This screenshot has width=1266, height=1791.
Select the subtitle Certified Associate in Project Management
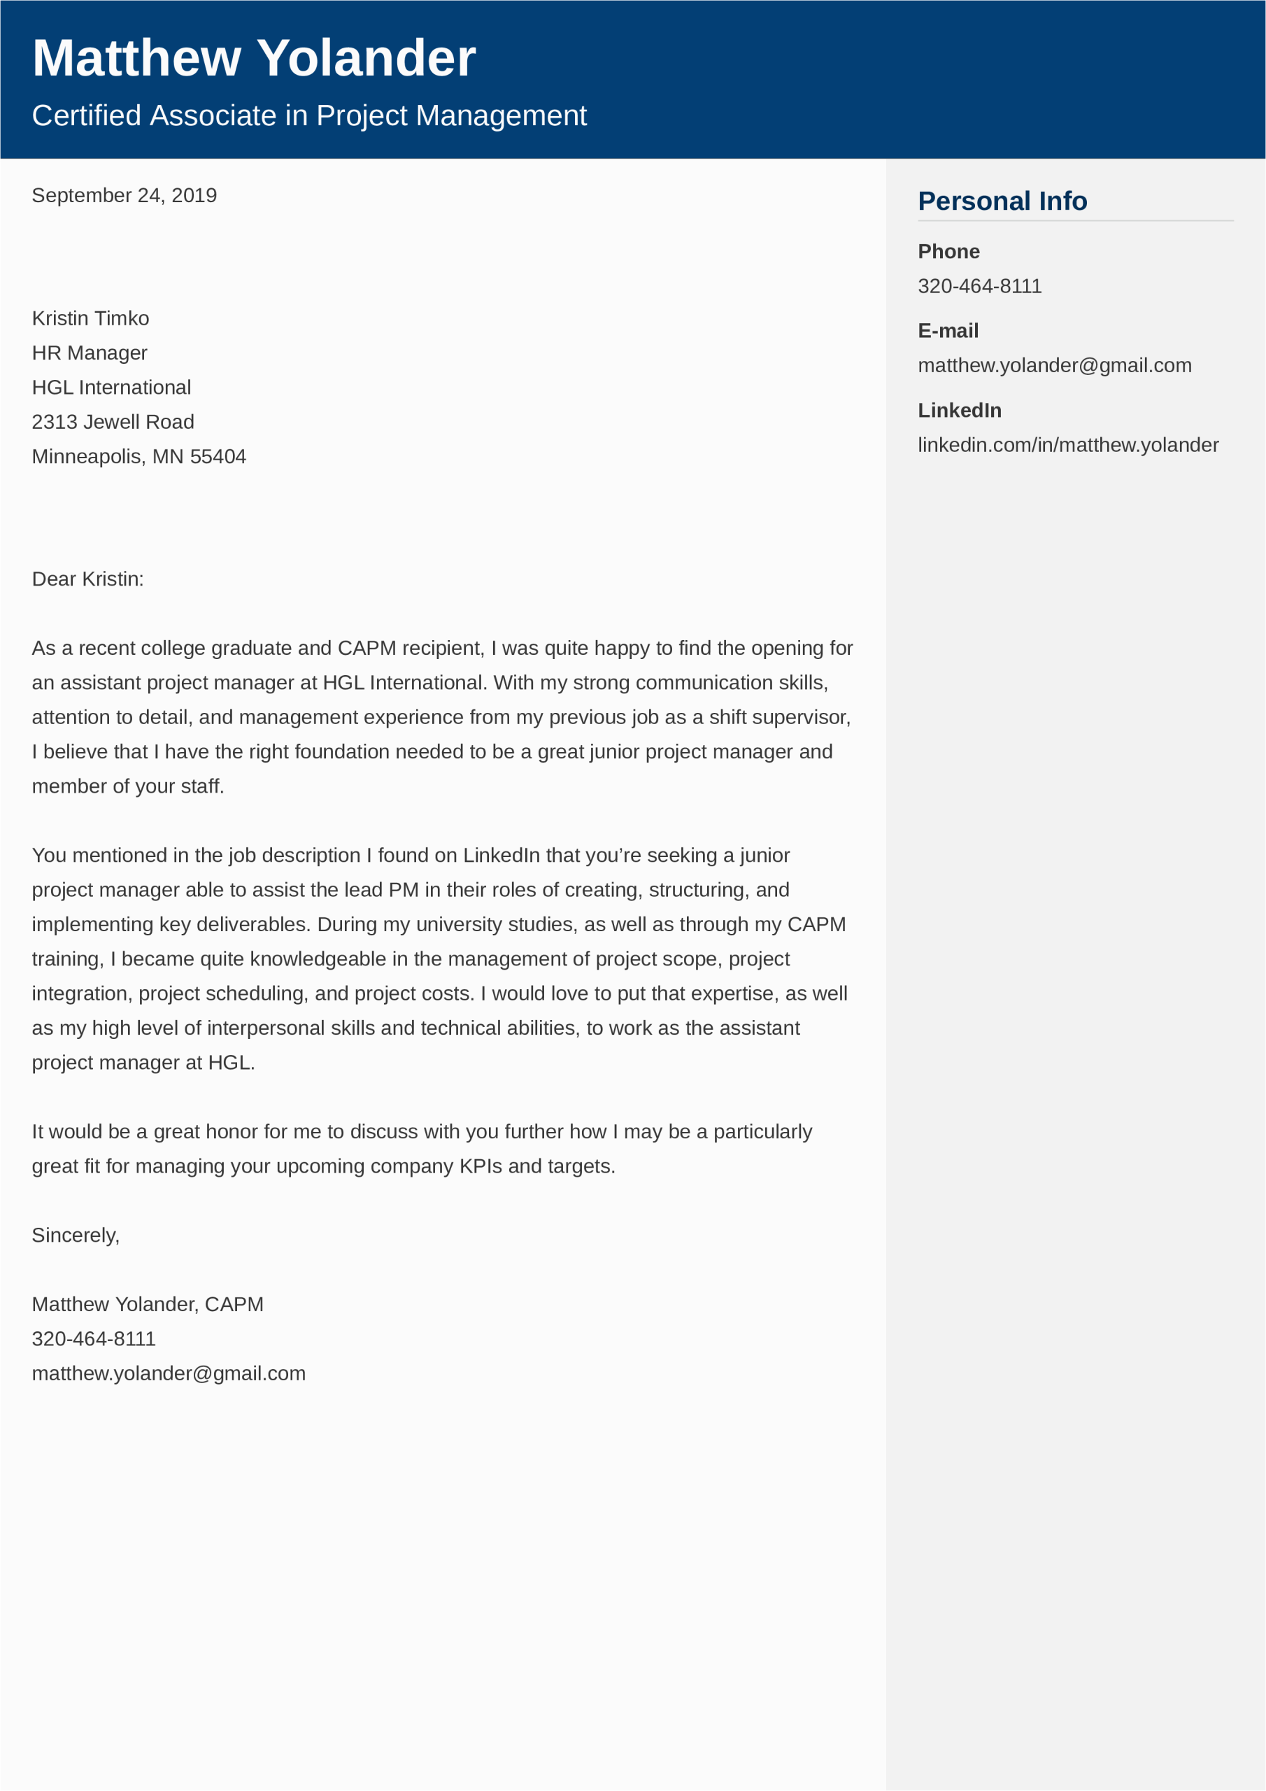(x=309, y=115)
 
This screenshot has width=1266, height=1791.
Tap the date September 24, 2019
(x=124, y=195)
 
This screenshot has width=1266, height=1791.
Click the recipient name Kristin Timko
(x=90, y=318)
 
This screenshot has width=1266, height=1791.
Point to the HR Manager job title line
(x=90, y=353)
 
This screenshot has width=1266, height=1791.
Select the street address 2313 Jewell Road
(x=113, y=422)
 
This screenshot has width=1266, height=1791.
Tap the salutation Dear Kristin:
(x=88, y=579)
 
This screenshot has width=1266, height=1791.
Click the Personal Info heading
(x=1002, y=201)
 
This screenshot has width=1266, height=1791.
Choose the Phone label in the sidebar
(x=948, y=251)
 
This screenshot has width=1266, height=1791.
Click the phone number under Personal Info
(x=980, y=286)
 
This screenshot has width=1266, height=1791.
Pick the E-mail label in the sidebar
(x=948, y=331)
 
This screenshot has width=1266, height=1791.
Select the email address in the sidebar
(x=1055, y=365)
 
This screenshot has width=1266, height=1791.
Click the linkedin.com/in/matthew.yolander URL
(x=1068, y=445)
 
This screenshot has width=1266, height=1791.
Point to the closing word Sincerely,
(x=76, y=1235)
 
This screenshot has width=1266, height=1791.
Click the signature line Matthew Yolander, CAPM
(x=148, y=1304)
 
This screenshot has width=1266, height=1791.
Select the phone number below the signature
(x=94, y=1338)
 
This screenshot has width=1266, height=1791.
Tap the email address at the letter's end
(x=169, y=1373)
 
